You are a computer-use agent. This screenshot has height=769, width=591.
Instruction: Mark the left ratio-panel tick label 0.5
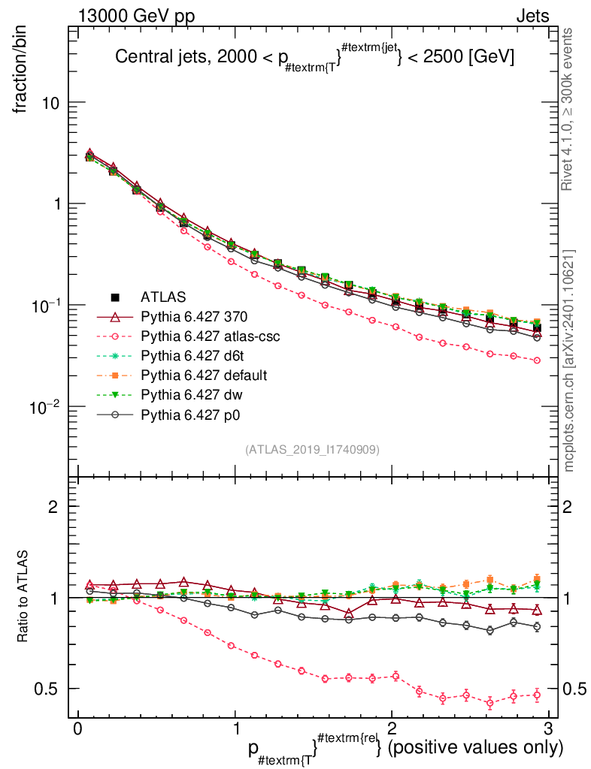pos(47,689)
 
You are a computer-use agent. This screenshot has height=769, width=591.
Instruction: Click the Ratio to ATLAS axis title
pos(23,598)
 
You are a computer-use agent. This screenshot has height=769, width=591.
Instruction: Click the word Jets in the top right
pos(532,17)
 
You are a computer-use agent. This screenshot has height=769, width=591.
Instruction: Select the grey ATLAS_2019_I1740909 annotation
pos(312,450)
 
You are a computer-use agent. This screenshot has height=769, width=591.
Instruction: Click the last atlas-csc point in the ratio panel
pos(537,695)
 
